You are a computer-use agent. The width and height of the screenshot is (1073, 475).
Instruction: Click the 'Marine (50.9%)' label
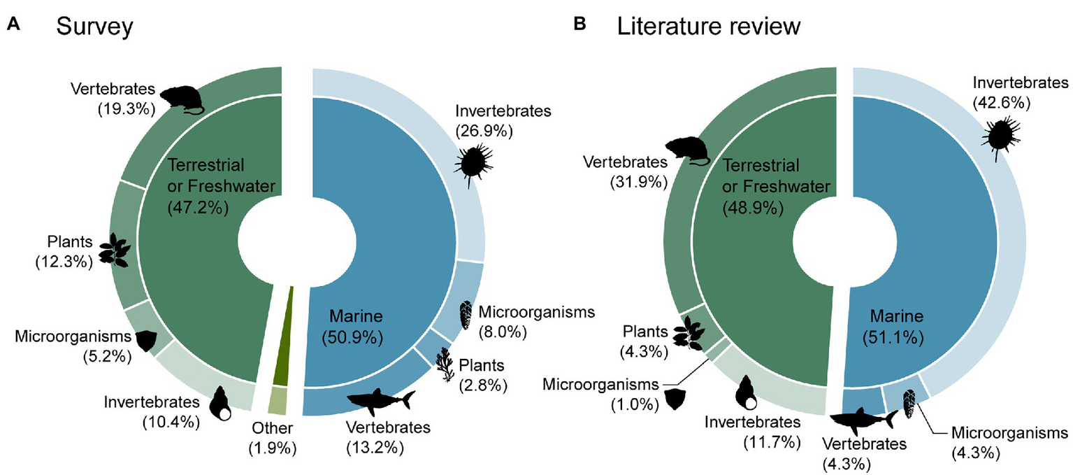click(x=352, y=327)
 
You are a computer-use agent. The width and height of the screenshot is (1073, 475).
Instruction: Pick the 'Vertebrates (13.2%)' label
click(x=388, y=437)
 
